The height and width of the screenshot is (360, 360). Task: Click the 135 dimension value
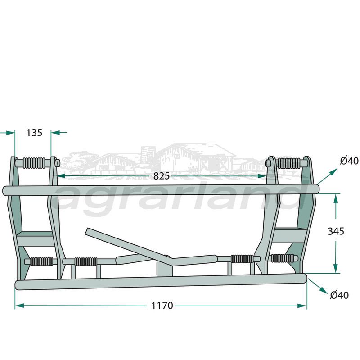[34, 133]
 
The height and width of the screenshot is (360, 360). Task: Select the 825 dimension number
[161, 176]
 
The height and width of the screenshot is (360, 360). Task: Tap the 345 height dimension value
[336, 231]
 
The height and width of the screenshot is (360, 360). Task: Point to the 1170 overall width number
[162, 306]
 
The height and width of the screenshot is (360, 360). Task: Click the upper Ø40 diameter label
[349, 161]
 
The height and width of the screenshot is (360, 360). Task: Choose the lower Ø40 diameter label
[339, 295]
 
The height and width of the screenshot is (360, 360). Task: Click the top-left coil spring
[36, 162]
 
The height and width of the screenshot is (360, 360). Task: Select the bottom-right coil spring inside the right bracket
[283, 258]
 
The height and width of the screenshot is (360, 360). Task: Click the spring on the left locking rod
[85, 261]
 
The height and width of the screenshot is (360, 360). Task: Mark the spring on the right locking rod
[242, 259]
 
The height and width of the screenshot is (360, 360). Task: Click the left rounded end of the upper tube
[6, 191]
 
